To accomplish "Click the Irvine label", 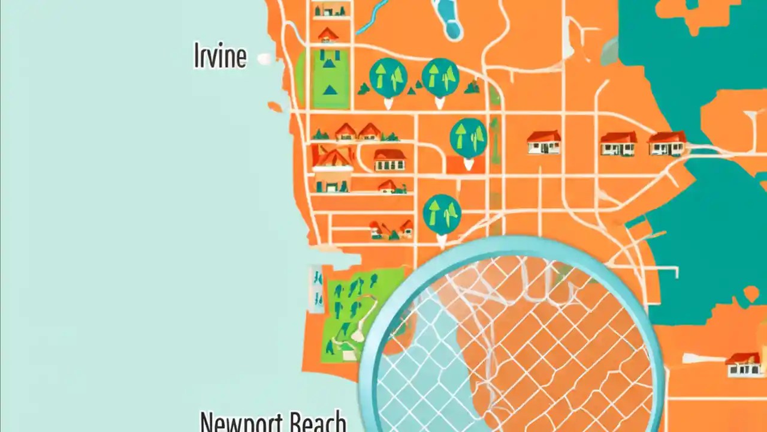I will pos(220,56).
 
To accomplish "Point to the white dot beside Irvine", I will pos(264,59).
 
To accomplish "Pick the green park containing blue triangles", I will pos(329,78).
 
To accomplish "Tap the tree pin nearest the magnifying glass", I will pos(442,215).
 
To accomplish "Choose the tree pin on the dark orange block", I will pos(468,138).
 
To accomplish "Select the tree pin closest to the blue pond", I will pos(440,78).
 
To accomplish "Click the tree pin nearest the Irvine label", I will pos(388,79).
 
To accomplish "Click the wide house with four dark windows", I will pos(389,160).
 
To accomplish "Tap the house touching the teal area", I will pos(667,144).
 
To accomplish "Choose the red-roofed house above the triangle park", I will pos(327,35).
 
